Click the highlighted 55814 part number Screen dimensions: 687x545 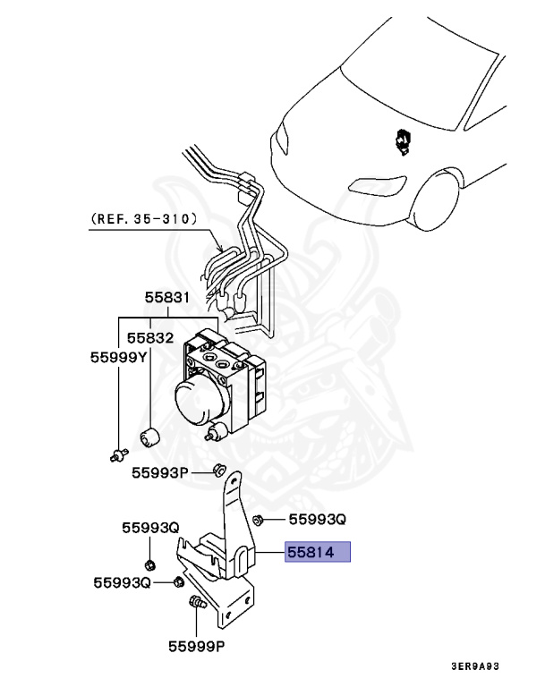pos(317,553)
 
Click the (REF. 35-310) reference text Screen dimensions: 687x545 pos(144,217)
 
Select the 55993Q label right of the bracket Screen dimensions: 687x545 pos(316,519)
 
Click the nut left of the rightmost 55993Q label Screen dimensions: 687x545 pos(258,519)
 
